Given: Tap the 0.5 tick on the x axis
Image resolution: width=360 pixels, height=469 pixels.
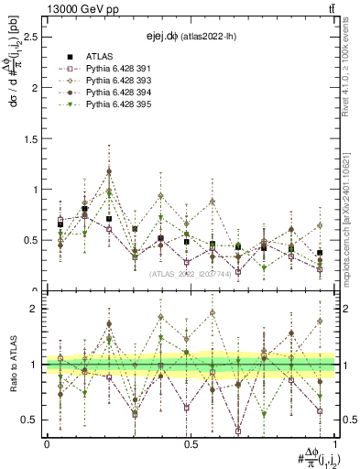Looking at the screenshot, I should coord(191,444).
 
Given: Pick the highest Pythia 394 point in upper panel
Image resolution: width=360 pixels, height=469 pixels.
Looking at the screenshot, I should coord(109,171).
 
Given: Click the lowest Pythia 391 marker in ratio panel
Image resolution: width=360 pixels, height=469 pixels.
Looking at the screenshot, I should coord(238,431).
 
